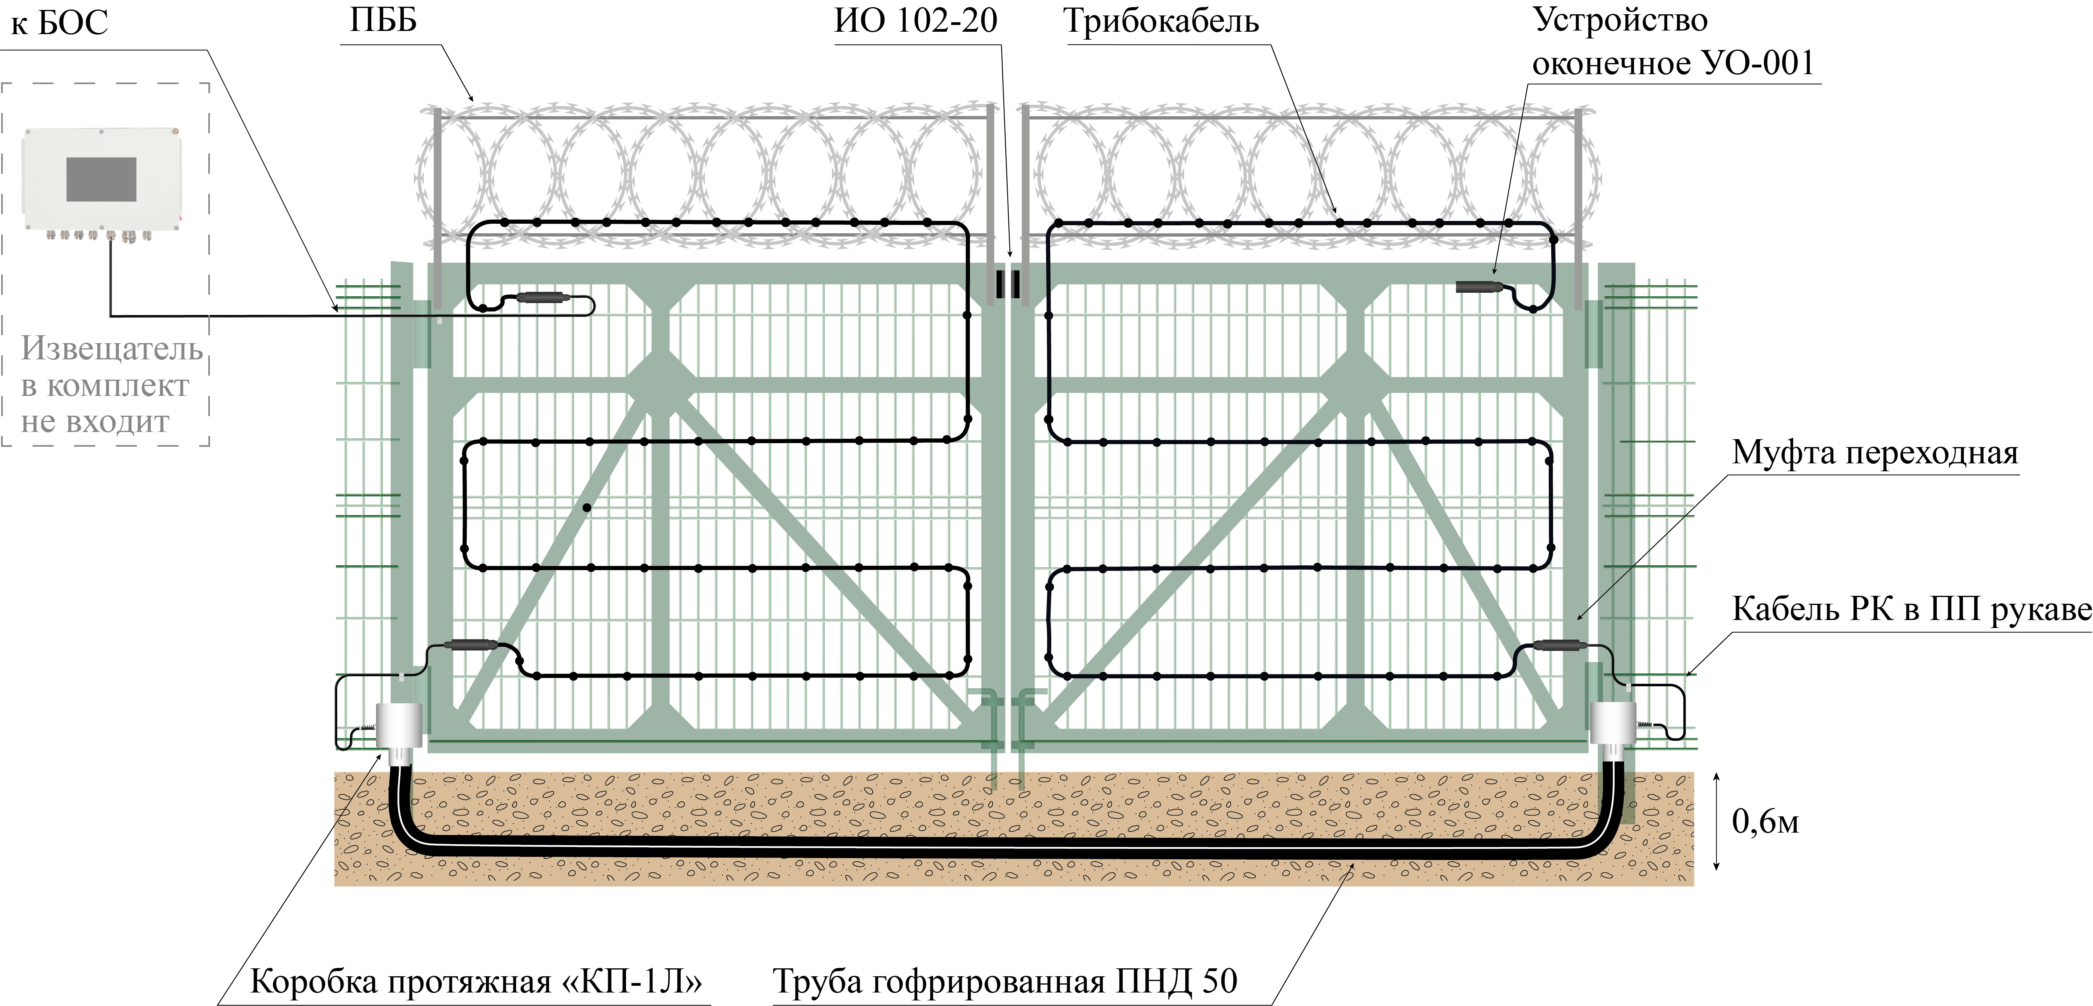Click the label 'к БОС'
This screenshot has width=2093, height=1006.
coord(60,23)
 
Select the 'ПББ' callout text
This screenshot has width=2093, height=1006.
coord(383,20)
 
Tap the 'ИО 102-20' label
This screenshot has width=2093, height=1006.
coord(916,20)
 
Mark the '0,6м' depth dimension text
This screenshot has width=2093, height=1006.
coord(1765,822)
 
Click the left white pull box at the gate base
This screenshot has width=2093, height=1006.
coord(399,725)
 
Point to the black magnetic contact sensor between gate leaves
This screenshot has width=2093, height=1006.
coord(1008,284)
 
